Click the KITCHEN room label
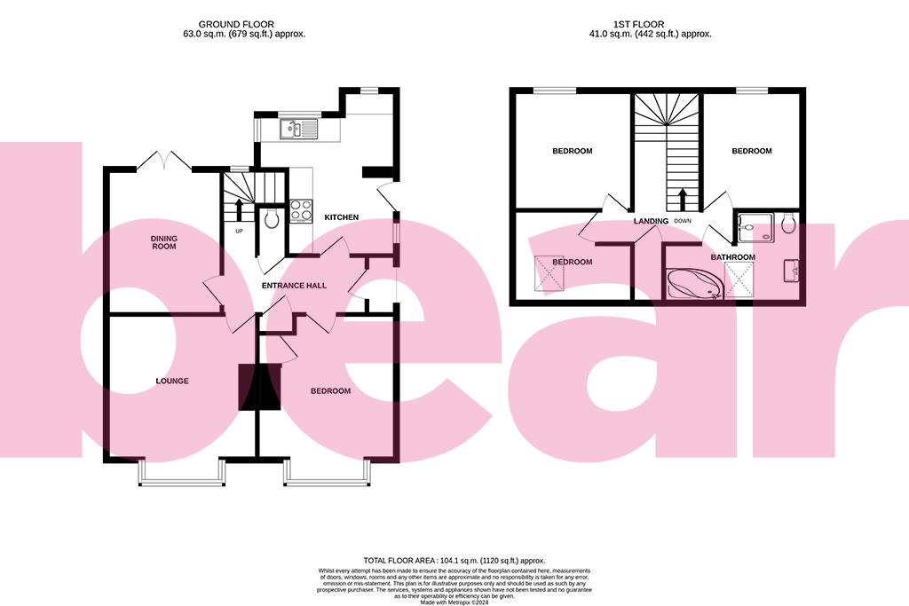tap(341, 217)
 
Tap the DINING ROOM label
tap(163, 241)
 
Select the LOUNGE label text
tap(172, 381)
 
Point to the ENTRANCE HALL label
tap(294, 287)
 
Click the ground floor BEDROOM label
tap(330, 391)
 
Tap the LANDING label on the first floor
tap(650, 221)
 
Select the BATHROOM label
tap(732, 257)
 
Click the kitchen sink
tap(298, 130)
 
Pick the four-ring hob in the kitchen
tap(301, 210)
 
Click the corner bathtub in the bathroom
tap(694, 284)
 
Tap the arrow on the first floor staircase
tap(683, 198)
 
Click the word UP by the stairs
tap(239, 232)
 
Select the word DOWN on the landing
tap(682, 221)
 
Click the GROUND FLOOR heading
tap(236, 24)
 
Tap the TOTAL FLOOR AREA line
tap(454, 561)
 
